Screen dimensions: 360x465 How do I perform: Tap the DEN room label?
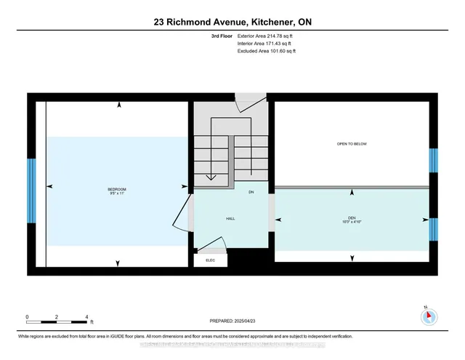[x=352, y=218]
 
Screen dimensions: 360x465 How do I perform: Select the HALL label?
[x=230, y=217]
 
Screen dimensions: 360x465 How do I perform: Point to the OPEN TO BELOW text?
[x=352, y=144]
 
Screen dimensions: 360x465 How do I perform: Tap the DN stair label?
[x=251, y=193]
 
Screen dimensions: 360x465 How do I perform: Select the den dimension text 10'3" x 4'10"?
[x=352, y=222]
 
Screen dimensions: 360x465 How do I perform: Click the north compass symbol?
[x=429, y=316]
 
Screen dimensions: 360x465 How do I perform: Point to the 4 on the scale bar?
[x=86, y=317]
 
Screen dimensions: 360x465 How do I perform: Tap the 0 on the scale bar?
[x=27, y=317]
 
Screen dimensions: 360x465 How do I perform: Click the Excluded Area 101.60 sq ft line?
[x=267, y=52]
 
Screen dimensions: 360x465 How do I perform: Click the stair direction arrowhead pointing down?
[x=211, y=177]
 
